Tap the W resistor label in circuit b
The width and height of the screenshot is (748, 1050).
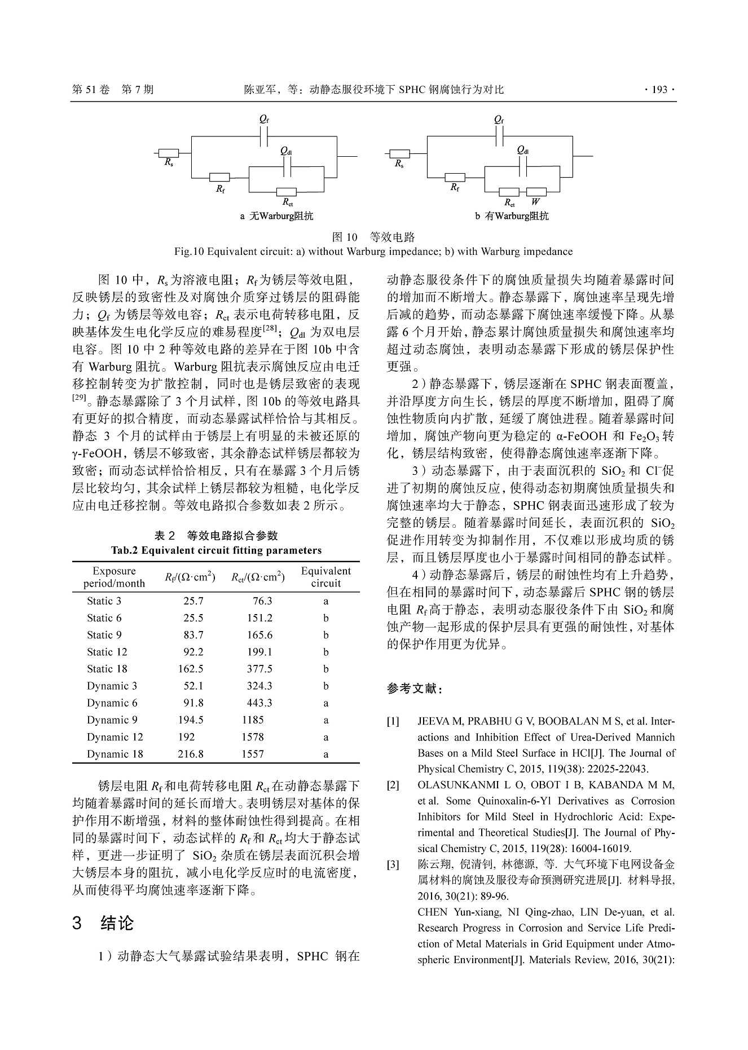point(535,201)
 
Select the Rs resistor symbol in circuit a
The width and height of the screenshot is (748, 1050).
point(169,153)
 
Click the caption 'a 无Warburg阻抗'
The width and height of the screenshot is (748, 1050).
point(276,216)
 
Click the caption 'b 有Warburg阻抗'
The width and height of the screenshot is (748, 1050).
point(512,216)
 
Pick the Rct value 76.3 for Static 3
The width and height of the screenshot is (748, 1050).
point(262,601)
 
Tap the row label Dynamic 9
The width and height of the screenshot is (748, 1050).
point(112,720)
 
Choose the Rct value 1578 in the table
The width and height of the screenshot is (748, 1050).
point(253,737)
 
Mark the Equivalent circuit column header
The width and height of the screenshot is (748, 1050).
point(325,577)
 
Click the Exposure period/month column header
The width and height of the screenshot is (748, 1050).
point(114,577)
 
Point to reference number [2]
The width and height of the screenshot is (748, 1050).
point(393,785)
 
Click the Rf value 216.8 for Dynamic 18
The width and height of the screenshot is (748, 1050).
point(191,754)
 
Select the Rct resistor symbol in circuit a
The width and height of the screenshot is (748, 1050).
point(287,192)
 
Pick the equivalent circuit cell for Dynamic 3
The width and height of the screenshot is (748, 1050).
point(326,686)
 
